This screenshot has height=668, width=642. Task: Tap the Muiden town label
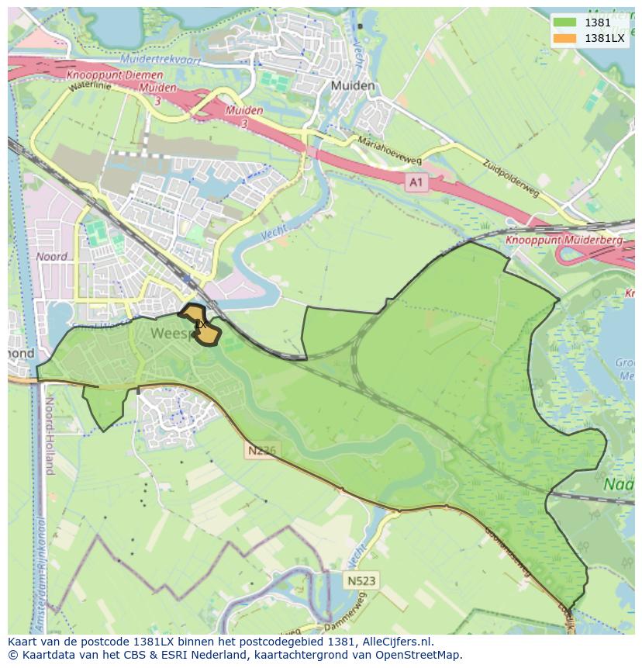(x=352, y=86)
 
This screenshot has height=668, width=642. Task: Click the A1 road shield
(x=417, y=182)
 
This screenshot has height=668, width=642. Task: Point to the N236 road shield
(x=262, y=450)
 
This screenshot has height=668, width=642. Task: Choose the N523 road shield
(x=361, y=580)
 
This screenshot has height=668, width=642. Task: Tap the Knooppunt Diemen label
(x=115, y=76)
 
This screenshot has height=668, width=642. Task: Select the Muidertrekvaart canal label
(x=160, y=60)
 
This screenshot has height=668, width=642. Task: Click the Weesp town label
(x=167, y=334)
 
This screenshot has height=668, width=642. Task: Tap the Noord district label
(x=51, y=257)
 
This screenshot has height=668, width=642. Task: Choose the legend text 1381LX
(x=605, y=38)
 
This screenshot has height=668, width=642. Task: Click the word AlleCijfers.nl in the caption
(x=397, y=642)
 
